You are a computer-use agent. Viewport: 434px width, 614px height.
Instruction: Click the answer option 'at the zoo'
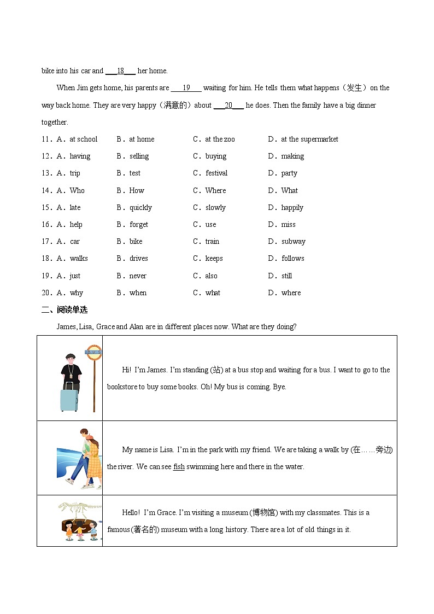pyautogui.click(x=220, y=139)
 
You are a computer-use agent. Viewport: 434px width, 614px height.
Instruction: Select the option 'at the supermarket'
pyautogui.click(x=309, y=139)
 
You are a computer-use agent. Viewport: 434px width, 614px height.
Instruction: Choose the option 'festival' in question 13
pyautogui.click(x=216, y=173)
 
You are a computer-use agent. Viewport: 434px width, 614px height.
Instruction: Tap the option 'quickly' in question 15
pyautogui.click(x=140, y=208)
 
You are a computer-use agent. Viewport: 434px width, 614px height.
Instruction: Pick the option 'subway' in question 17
pyautogui.click(x=294, y=242)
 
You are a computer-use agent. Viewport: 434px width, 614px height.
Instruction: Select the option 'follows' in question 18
pyautogui.click(x=293, y=259)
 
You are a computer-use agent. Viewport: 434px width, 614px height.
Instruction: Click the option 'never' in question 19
pyautogui.click(x=138, y=276)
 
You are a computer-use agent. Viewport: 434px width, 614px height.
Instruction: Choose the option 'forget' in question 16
pyautogui.click(x=139, y=225)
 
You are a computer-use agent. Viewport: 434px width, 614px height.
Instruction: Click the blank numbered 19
pyautogui.click(x=186, y=88)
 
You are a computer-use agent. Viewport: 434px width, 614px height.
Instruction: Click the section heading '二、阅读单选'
pyautogui.click(x=64, y=310)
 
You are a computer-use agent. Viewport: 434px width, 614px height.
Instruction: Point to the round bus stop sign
pyautogui.click(x=93, y=352)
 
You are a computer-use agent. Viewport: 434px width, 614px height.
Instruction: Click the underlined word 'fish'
pyautogui.click(x=179, y=467)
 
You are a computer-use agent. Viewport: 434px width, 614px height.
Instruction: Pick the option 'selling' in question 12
pyautogui.click(x=139, y=156)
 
